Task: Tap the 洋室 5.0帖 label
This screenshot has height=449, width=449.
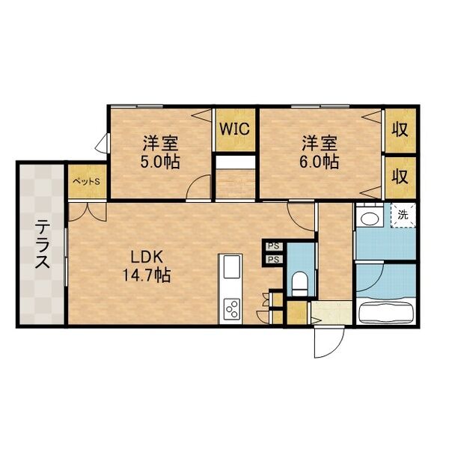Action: point(162,151)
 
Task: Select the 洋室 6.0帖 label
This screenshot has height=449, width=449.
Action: point(320,151)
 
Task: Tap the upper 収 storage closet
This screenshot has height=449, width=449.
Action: point(400,128)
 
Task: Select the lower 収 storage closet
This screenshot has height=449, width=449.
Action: point(400,177)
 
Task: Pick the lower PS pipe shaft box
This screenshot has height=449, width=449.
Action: point(274,260)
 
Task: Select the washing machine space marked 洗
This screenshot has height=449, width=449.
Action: point(403,216)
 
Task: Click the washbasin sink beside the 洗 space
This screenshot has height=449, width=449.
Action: point(368,218)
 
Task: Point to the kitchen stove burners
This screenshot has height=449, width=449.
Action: point(230,308)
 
